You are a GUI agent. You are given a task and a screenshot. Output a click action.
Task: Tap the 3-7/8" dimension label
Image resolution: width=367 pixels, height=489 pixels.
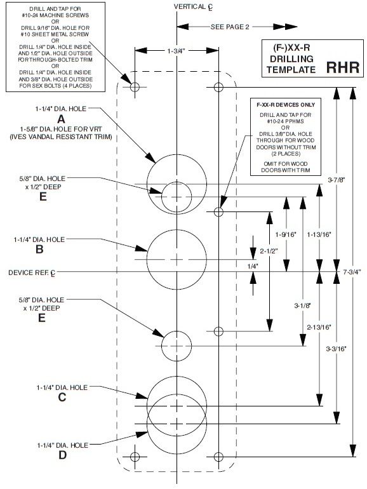click(336, 180)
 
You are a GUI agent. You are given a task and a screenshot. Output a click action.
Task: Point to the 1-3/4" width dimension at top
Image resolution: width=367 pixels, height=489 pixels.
click(177, 50)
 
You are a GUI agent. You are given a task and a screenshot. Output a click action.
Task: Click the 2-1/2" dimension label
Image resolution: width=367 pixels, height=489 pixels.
click(269, 251)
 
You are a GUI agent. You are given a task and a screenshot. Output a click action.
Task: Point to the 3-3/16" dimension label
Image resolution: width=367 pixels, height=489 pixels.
click(336, 349)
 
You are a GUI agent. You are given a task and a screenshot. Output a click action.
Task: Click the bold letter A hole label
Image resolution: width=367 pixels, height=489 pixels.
click(62, 119)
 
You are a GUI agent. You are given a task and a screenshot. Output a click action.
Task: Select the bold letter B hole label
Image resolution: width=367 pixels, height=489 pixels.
click(39, 250)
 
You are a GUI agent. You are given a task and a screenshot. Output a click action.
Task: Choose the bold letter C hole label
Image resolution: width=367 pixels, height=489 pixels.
click(62, 398)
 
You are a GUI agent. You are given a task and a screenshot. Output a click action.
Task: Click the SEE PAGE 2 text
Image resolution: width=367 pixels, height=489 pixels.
click(229, 27)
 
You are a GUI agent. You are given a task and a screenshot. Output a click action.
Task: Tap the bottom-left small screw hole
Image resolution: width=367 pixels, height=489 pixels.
click(135, 457)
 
